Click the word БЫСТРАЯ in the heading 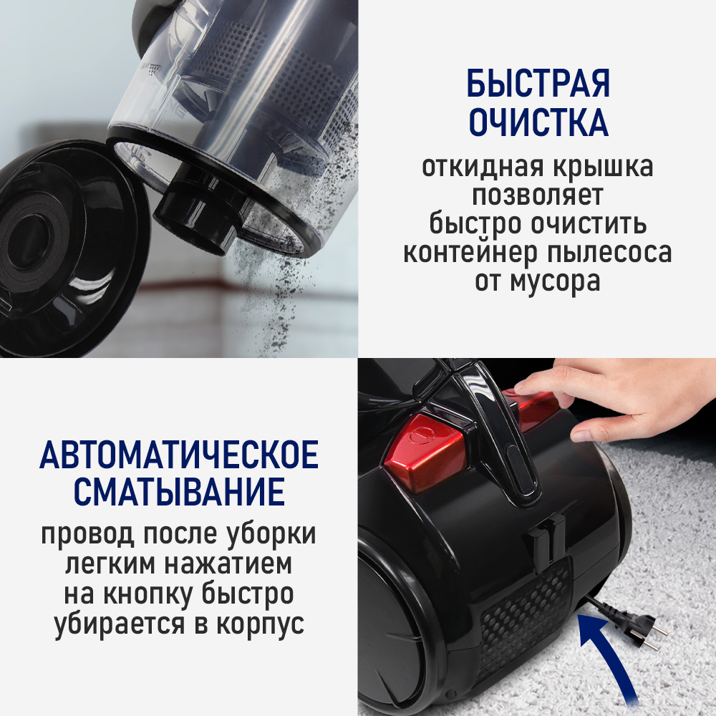click(x=538, y=84)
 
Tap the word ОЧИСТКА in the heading click(x=538, y=123)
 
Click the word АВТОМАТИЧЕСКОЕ click(x=179, y=456)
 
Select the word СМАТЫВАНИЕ click(x=179, y=495)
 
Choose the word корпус click(x=261, y=624)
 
